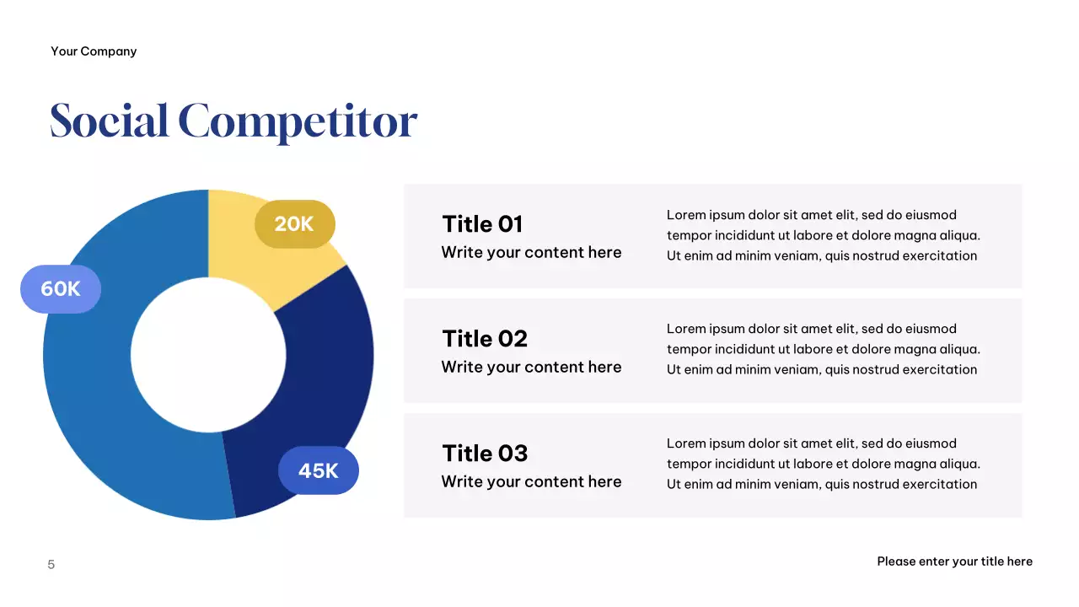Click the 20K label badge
[x=294, y=224]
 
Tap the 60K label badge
[x=61, y=289]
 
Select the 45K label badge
[x=318, y=470]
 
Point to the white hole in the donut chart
[x=208, y=354]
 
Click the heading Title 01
[x=482, y=224]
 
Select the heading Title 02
[x=485, y=339]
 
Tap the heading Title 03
[x=485, y=454]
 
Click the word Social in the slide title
[x=109, y=121]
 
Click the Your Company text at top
[x=94, y=51]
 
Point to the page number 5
[x=51, y=565]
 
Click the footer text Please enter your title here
[x=954, y=561]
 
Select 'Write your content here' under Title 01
[x=531, y=253]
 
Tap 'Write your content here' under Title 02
[x=531, y=368]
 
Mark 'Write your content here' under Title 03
[x=531, y=482]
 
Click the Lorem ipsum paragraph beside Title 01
[x=823, y=235]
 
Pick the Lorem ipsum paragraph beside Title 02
[x=823, y=349]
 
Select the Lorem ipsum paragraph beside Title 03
[x=823, y=464]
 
